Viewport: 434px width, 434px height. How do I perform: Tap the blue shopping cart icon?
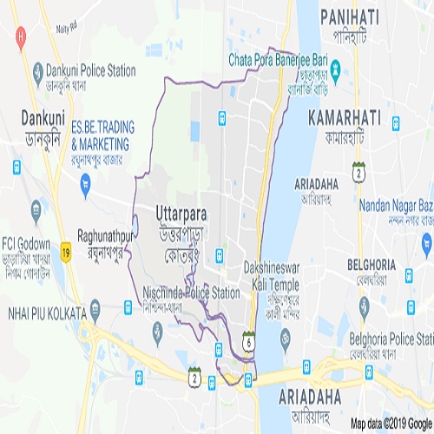84,183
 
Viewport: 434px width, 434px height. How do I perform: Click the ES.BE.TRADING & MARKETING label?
103,132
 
